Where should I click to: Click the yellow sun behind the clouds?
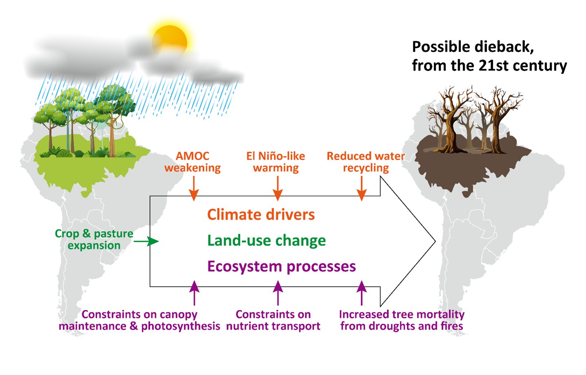170,41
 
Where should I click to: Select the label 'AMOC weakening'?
192,162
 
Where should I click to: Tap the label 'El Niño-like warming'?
276,162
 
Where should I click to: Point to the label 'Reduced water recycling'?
366,162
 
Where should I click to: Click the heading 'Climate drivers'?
261,215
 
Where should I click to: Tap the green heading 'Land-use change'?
267,241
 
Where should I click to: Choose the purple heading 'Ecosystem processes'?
281,266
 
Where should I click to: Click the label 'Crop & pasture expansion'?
94,240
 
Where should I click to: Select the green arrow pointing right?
146,242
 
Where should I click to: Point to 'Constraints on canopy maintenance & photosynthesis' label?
139,320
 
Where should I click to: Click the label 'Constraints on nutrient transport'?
273,320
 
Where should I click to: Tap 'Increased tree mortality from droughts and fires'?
401,320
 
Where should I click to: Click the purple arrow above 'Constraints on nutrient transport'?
278,293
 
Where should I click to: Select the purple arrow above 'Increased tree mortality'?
361,293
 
